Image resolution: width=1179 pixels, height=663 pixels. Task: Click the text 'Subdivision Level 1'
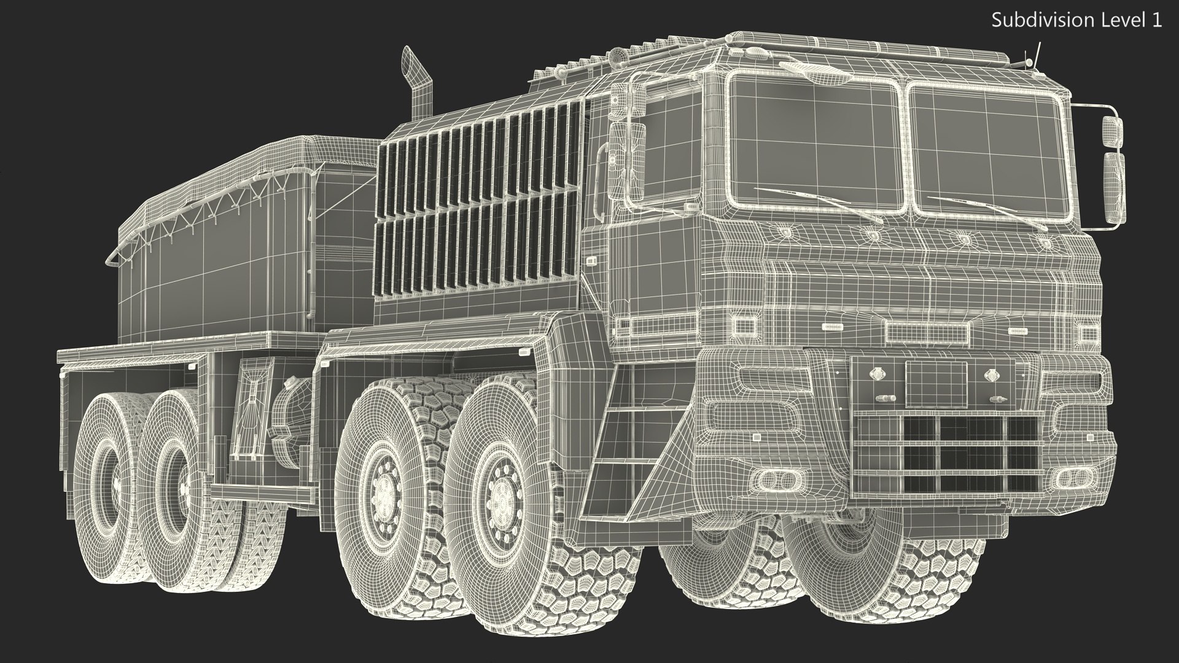[x=1076, y=20]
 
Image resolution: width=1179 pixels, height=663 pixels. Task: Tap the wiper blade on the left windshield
[x=817, y=202]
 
